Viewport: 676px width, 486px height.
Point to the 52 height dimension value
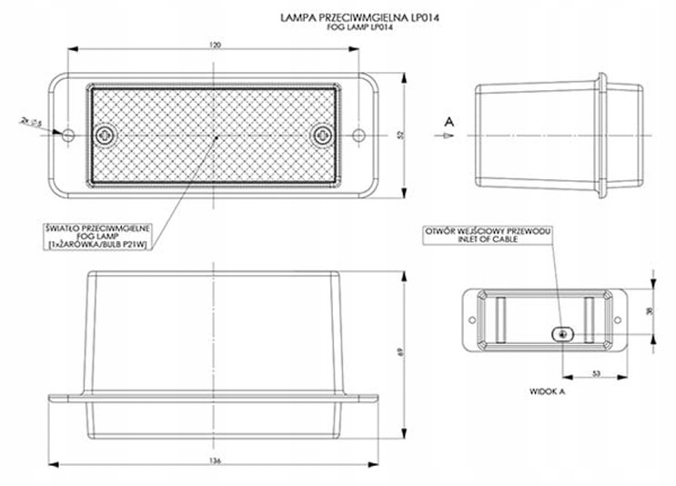click(401, 135)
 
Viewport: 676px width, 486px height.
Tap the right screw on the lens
click(322, 135)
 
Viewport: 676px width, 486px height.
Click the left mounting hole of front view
click(70, 135)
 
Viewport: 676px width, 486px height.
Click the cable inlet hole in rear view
click(564, 333)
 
